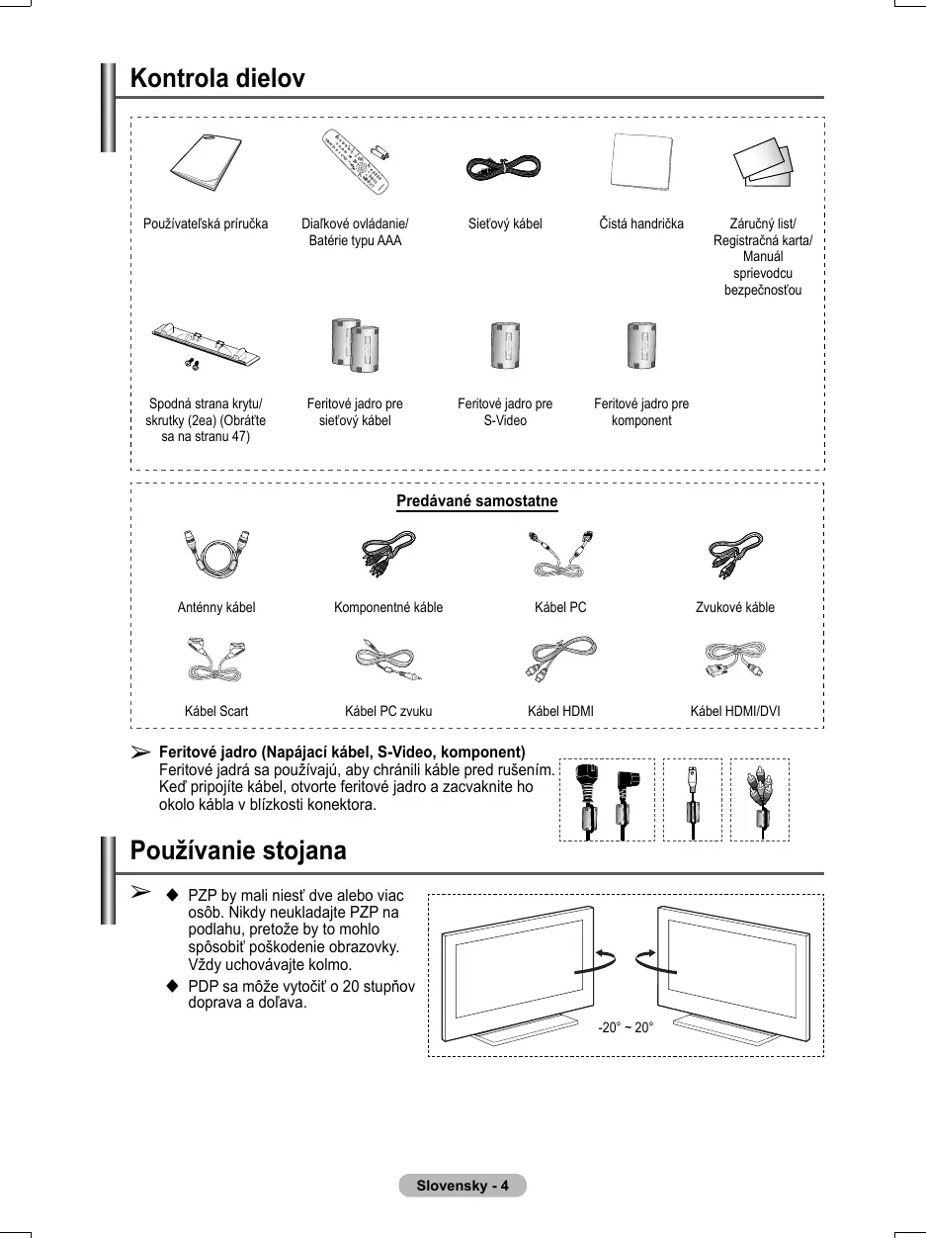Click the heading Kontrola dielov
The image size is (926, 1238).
click(x=217, y=78)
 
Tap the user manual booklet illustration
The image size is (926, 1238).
click(x=205, y=164)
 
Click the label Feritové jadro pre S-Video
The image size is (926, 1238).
click(x=505, y=412)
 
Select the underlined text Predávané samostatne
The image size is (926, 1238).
click(x=476, y=501)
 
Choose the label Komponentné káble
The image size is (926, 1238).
click(x=388, y=607)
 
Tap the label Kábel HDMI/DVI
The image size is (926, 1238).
click(x=734, y=711)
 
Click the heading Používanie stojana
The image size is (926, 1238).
click(x=238, y=850)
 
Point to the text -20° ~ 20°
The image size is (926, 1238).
click(x=626, y=1027)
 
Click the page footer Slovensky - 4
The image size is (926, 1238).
click(x=463, y=1186)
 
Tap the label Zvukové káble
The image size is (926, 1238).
click(x=735, y=607)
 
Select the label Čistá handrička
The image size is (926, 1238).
click(x=641, y=224)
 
